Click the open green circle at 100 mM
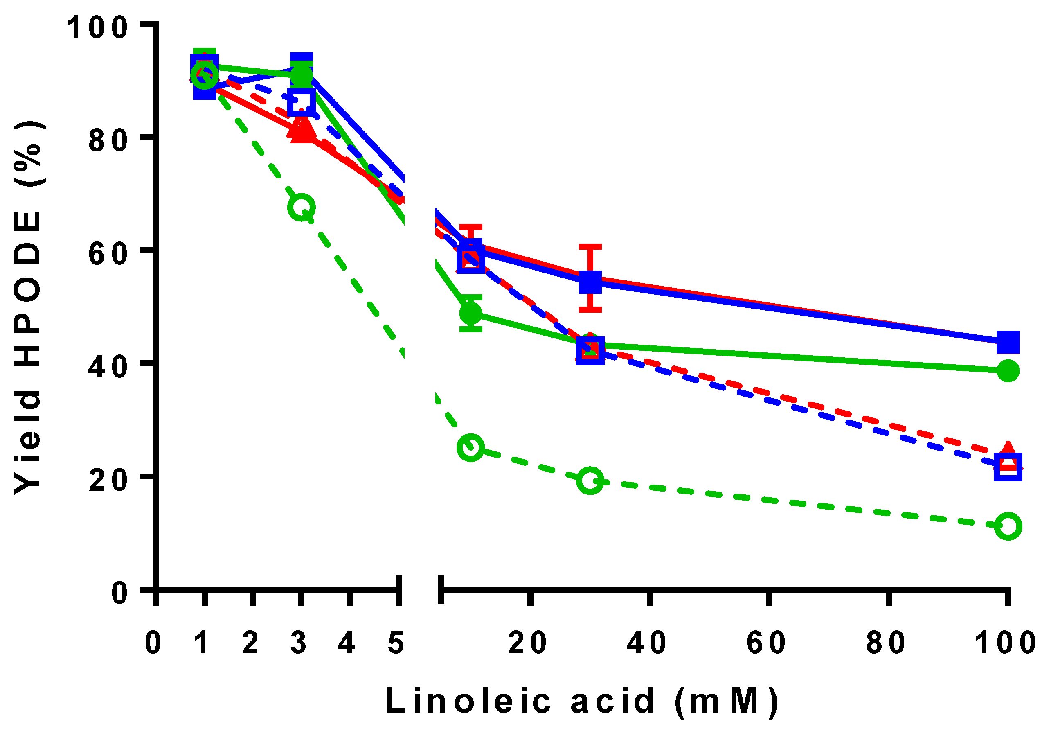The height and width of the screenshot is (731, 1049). coord(1007,526)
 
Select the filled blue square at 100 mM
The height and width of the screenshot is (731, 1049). coord(1007,341)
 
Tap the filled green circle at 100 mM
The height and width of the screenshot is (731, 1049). coord(1007,370)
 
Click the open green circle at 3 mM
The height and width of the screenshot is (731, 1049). coord(301,207)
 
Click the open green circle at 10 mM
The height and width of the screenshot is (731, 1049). coord(470,447)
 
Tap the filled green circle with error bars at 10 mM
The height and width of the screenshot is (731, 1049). coord(470,313)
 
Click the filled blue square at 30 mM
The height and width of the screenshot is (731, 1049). coord(590,282)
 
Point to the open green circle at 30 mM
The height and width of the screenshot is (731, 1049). coord(590,481)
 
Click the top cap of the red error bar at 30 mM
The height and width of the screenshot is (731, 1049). coord(590,247)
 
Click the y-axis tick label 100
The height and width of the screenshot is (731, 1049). coord(97,27)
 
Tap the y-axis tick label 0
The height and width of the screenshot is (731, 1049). coord(120,593)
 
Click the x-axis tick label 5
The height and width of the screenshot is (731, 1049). coord(396,643)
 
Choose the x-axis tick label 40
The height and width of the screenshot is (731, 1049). coord(646,643)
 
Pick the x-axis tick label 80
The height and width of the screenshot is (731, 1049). coord(885,643)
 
